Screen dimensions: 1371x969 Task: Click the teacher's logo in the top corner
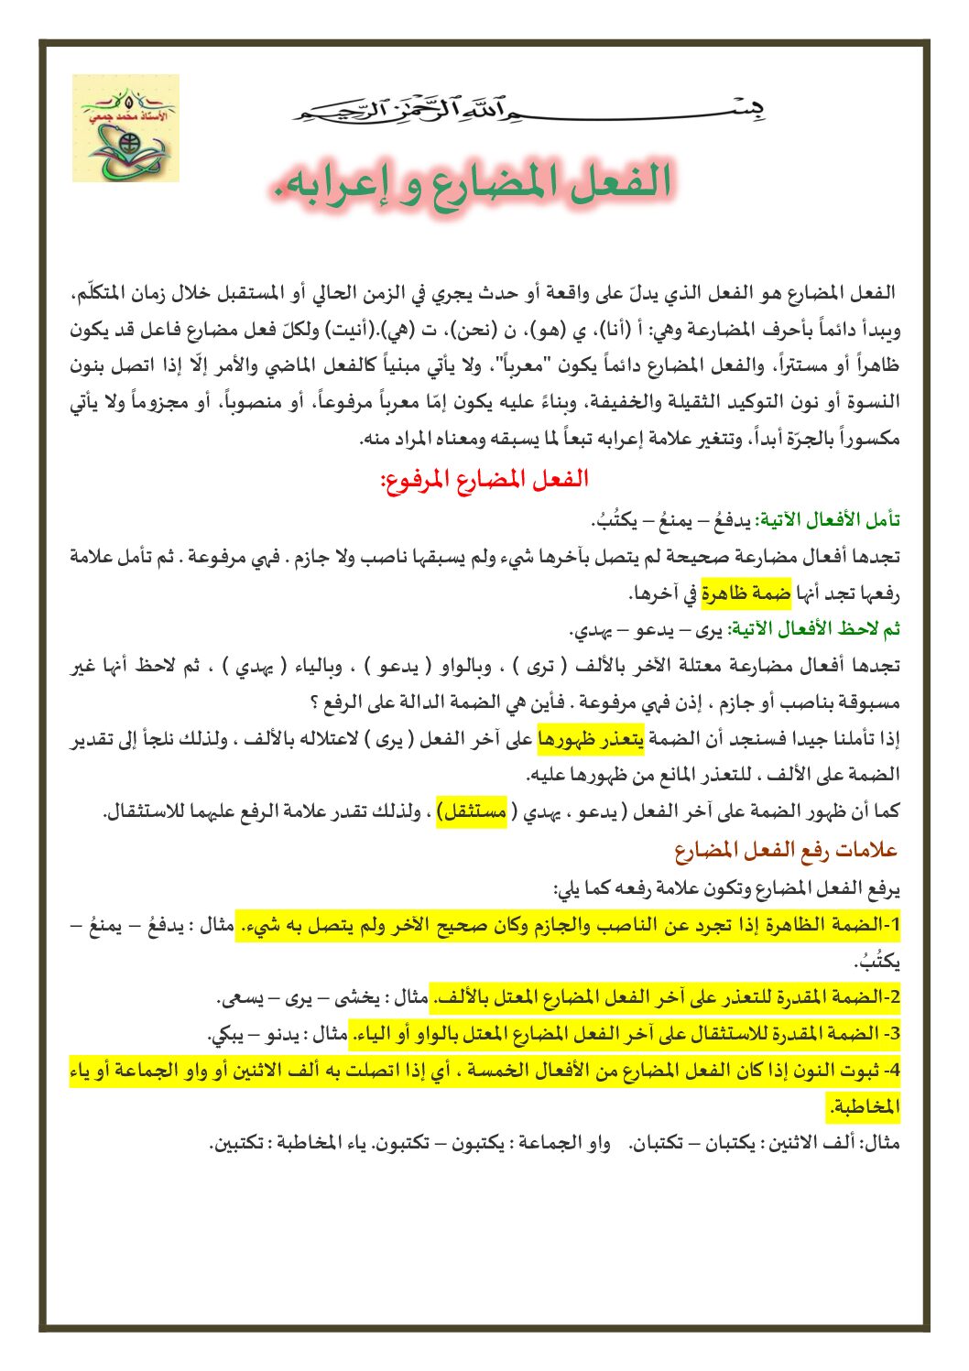coord(125,128)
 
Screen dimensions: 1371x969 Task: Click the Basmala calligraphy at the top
coord(529,110)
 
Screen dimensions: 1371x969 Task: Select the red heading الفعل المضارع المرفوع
coord(484,478)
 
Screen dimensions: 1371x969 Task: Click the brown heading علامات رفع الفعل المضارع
coord(786,851)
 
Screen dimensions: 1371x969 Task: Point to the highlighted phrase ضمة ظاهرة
coord(746,593)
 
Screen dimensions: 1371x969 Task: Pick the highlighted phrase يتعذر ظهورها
coord(590,738)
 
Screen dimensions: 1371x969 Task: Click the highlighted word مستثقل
coord(472,811)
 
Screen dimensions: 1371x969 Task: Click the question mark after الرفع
coord(313,702)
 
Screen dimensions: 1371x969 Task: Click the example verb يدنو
coord(281,1035)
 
